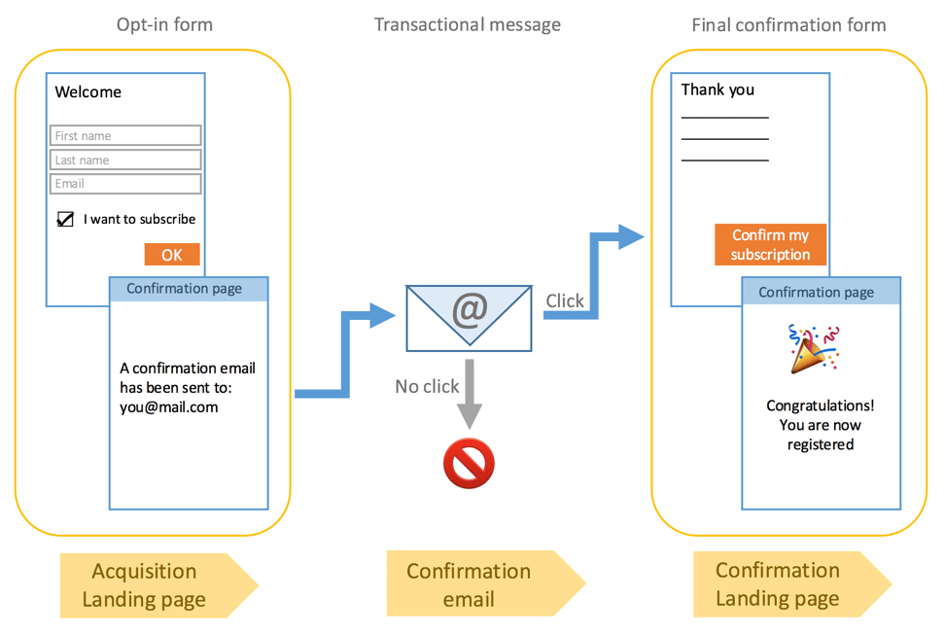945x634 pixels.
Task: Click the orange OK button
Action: [172, 255]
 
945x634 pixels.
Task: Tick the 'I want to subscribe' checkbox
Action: [66, 219]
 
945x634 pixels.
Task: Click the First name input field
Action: [125, 136]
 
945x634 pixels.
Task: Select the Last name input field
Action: [125, 159]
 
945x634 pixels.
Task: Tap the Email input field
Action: [125, 184]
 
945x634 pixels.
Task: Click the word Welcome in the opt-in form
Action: [88, 92]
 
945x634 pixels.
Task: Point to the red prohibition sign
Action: [469, 463]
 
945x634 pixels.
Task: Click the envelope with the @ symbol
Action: [469, 317]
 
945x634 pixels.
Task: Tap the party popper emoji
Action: [813, 349]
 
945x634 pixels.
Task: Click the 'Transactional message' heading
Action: [468, 24]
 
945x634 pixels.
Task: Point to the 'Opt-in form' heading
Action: [164, 24]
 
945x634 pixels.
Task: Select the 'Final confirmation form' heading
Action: [788, 24]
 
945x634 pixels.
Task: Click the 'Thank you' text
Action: [717, 89]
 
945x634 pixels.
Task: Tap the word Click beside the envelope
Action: [565, 301]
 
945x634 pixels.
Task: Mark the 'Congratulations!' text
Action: [820, 405]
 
